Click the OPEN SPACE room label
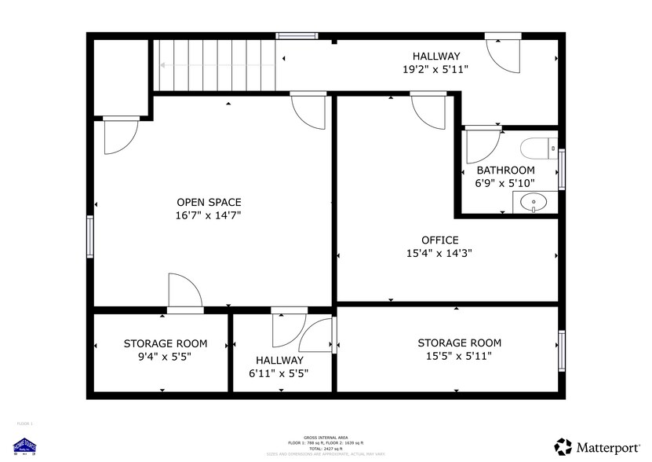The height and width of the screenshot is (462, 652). [208, 202]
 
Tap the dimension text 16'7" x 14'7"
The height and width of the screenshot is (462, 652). [208, 215]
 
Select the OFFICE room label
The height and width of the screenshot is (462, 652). [439, 240]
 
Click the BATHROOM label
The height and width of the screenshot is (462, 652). [505, 170]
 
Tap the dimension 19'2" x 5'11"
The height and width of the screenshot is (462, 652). [435, 69]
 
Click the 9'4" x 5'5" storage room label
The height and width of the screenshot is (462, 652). [165, 356]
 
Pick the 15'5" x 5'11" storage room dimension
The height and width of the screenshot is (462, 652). [459, 356]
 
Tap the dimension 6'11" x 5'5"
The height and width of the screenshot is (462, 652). [279, 373]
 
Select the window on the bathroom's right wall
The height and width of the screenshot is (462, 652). [561, 168]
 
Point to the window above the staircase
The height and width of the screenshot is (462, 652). [297, 35]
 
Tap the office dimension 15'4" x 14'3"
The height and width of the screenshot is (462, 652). [439, 253]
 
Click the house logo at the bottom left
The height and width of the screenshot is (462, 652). [26, 445]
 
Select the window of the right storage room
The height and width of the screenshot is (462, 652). [561, 350]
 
